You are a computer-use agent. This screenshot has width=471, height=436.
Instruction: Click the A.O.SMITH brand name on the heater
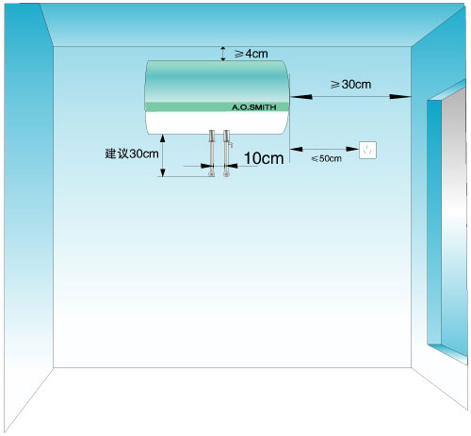point(254,107)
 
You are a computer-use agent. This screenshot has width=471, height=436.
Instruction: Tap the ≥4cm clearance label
point(252,54)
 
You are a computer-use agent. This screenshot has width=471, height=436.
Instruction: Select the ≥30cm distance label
point(350,84)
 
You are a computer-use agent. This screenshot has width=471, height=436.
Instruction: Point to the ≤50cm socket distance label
point(326,158)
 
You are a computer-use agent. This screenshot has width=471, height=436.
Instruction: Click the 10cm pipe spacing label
point(264,158)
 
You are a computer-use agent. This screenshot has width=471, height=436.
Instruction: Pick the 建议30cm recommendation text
point(132,153)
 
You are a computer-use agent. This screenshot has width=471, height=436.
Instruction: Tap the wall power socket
point(367,150)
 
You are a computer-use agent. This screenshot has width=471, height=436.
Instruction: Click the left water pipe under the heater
point(212,153)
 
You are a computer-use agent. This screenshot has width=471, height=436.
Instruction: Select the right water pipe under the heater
point(226,153)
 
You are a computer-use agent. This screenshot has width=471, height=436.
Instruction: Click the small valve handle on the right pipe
point(231,144)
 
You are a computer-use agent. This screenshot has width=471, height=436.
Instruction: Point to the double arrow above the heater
point(223,54)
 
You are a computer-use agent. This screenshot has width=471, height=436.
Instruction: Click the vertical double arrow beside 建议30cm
point(163,155)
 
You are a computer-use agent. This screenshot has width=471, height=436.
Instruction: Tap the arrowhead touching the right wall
point(400,97)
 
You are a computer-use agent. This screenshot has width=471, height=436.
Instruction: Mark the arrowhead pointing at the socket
point(352,149)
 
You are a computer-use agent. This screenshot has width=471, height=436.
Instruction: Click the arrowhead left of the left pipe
point(204,166)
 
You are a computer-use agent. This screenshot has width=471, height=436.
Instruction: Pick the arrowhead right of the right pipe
point(234,166)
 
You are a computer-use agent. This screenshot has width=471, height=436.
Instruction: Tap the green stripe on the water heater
point(217,106)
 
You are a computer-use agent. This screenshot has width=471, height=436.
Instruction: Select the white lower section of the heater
point(217,122)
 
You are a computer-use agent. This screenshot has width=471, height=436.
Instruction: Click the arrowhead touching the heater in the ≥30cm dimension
point(300,97)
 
